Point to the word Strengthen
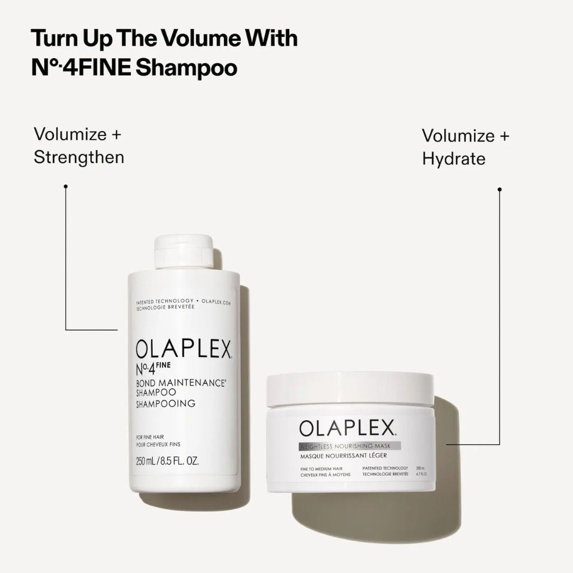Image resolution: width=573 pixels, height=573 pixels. point(79,157)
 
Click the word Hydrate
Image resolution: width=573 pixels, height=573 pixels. point(454,158)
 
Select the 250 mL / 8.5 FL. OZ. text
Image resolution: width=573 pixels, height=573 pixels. point(167,462)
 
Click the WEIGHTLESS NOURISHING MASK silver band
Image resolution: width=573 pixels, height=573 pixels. point(350,446)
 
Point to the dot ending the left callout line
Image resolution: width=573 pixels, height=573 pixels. point(66,186)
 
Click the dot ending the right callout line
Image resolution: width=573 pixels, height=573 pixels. point(500,190)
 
